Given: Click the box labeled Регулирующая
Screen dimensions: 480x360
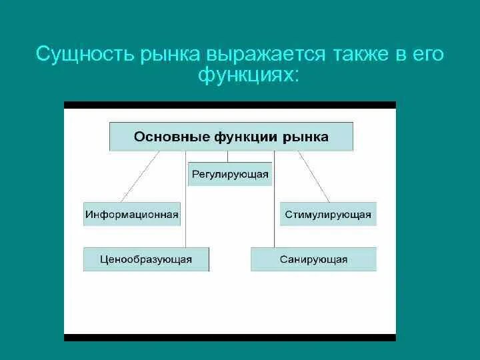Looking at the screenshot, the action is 230,175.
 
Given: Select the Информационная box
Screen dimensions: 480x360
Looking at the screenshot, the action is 132,215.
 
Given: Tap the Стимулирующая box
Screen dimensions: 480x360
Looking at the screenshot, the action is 328,215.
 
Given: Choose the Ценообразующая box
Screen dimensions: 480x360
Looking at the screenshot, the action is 146,259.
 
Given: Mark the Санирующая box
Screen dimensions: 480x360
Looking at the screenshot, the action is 313,259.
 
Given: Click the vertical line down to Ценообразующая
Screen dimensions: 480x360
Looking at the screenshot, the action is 185,200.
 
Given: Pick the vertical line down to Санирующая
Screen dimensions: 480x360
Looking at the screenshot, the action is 274,200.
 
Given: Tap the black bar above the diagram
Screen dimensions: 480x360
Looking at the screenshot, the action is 230,105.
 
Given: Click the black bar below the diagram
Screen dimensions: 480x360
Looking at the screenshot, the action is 230,337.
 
